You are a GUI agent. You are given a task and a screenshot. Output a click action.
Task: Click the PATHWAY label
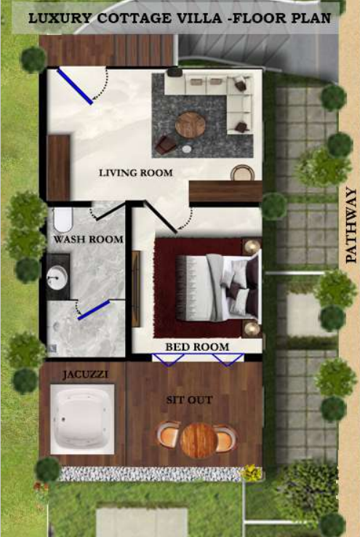pos(351,225)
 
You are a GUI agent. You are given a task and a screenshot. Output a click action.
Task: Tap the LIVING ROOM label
pos(136,173)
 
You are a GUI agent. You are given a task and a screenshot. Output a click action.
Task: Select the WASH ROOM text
pos(88,239)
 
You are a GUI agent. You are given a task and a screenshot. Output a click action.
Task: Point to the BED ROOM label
pos(197,347)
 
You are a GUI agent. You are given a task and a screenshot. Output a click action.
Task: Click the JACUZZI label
pos(85,374)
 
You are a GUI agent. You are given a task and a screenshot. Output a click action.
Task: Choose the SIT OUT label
pos(189,399)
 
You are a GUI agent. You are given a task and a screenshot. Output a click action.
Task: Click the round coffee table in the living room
pos(191,124)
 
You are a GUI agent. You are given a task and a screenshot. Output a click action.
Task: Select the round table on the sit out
pos(198,440)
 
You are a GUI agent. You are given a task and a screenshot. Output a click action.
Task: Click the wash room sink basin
pos(57,276)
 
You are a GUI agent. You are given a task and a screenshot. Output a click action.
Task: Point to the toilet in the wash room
pos(63,220)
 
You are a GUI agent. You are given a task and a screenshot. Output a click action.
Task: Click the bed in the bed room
pos(218,287)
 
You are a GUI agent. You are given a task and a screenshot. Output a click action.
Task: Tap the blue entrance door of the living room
pos(75,86)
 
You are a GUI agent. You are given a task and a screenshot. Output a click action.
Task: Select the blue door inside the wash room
pos(94,310)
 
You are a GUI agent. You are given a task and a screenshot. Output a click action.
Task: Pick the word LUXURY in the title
pos(60,17)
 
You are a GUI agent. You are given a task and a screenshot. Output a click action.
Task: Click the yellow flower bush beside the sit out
pos(252,472)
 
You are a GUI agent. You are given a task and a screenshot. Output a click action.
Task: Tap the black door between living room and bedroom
pos(161,217)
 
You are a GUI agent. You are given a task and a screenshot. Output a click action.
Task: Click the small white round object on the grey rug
pos(187,148)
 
